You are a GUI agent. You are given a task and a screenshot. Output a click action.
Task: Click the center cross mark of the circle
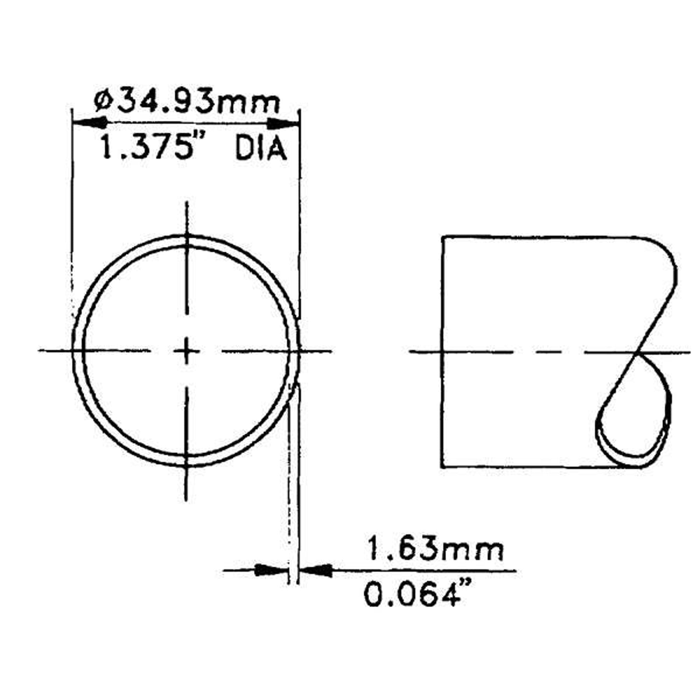click(x=187, y=351)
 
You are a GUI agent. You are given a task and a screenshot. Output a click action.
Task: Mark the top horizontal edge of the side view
click(x=544, y=237)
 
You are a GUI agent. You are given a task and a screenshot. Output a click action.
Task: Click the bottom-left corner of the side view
click(x=442, y=467)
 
